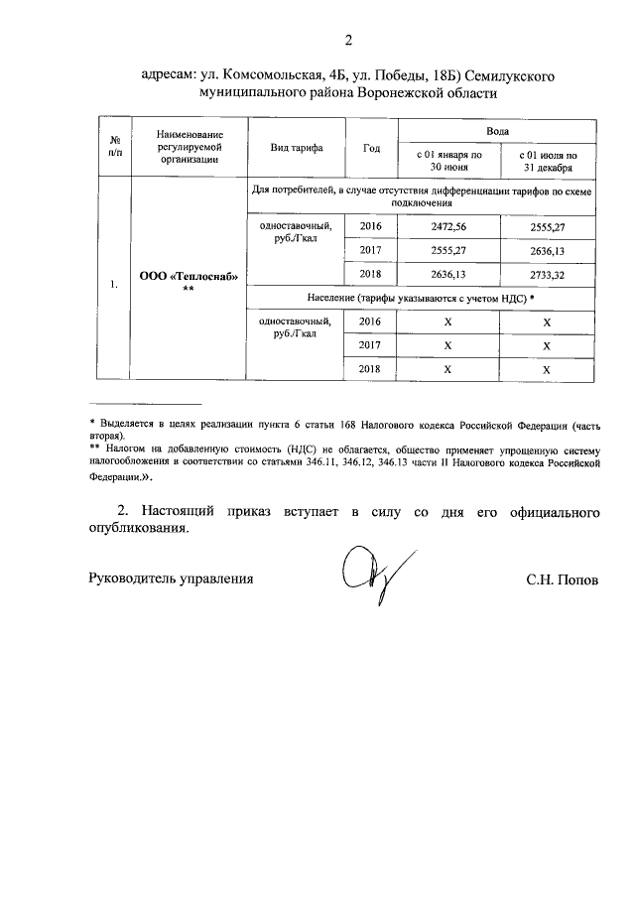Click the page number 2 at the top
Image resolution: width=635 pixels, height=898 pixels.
click(347, 41)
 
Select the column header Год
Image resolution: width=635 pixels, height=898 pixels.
click(371, 148)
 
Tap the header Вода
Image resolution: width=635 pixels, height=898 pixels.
click(498, 131)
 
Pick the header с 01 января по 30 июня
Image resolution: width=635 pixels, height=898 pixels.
click(448, 161)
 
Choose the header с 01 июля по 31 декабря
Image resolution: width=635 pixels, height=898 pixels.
click(547, 161)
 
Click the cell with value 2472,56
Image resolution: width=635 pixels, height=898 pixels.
click(448, 226)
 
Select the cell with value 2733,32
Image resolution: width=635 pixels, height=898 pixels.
click(547, 274)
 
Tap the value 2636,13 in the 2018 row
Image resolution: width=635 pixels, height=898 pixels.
click(448, 274)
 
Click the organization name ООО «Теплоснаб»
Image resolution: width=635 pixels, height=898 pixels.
click(189, 276)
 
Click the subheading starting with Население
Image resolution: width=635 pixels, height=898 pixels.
click(422, 298)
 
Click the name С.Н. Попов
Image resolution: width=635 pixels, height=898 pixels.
click(563, 578)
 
